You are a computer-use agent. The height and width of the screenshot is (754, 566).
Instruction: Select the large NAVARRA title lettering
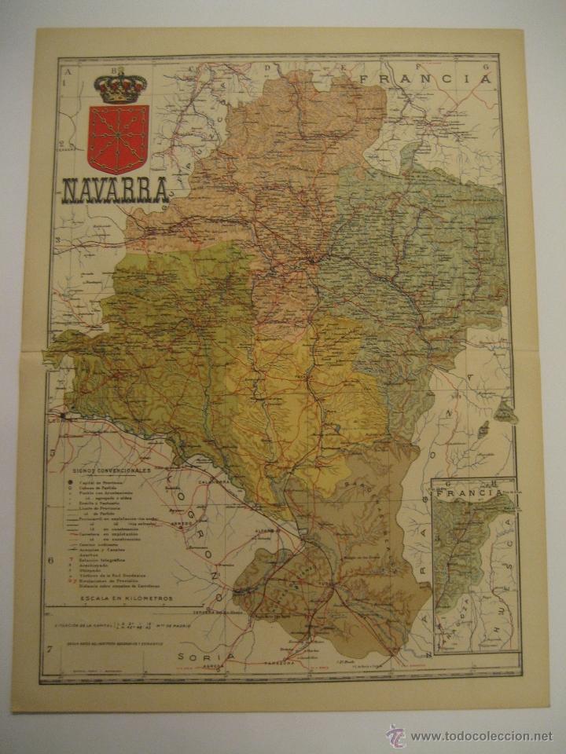pyautogui.click(x=114, y=191)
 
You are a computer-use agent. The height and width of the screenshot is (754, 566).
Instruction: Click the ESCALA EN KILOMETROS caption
pyautogui.click(x=119, y=598)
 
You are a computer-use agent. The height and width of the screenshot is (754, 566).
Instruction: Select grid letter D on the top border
pyautogui.click(x=268, y=68)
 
